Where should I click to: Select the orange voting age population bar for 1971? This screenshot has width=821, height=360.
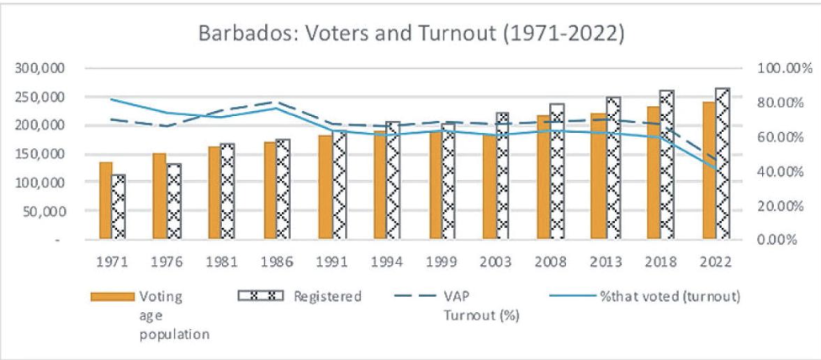pyautogui.click(x=105, y=200)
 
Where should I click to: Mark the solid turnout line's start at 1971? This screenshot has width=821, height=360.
pyautogui.click(x=112, y=99)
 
